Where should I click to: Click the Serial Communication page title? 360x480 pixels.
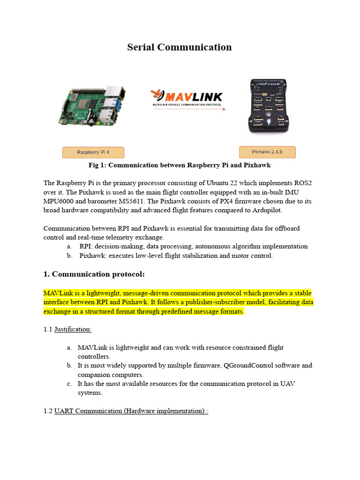(180, 47)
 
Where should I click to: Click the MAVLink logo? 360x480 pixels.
(187, 97)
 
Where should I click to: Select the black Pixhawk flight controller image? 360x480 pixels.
(267, 106)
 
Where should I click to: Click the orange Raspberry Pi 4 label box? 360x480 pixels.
(93, 152)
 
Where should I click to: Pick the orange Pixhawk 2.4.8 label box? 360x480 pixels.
(267, 152)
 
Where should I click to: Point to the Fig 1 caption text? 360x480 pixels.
(180, 165)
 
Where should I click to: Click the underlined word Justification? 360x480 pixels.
(73, 330)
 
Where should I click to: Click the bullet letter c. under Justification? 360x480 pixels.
(69, 384)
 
